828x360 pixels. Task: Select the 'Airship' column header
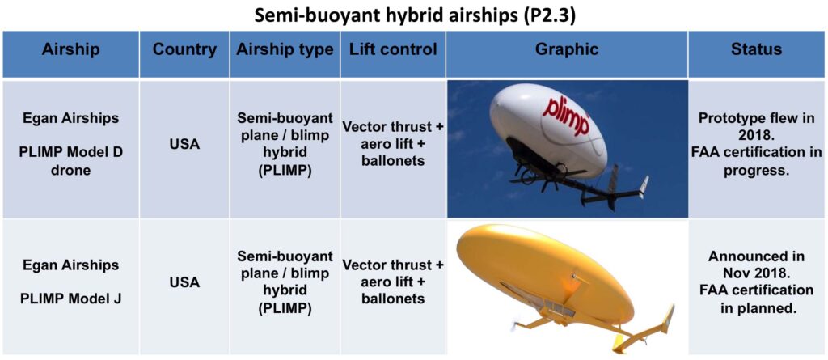point(71,50)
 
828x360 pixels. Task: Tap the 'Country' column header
point(184,50)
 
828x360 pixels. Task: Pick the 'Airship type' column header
point(285,50)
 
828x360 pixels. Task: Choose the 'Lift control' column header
point(393,50)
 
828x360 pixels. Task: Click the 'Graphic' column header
point(567,50)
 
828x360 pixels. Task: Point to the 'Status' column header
point(756,50)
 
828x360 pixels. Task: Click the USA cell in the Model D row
point(184,144)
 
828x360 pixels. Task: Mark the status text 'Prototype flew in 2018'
point(756,125)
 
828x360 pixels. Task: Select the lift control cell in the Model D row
point(393,144)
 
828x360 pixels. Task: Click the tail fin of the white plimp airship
point(642,186)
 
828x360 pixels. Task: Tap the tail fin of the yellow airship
point(665,320)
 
